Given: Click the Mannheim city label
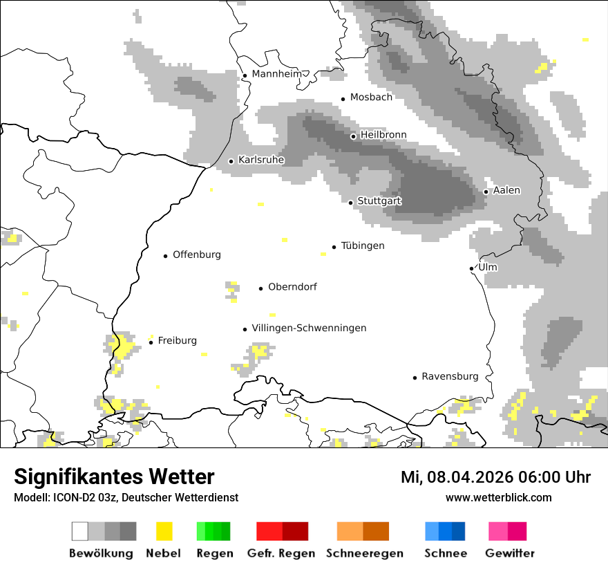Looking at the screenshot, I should click(x=277, y=74).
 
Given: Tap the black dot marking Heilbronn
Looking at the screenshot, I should click(x=353, y=136).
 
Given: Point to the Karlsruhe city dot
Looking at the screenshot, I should click(x=231, y=161).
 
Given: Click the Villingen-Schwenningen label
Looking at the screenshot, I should click(x=309, y=328).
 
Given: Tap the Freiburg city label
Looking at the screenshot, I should click(x=177, y=340).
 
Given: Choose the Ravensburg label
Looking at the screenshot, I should click(x=450, y=376).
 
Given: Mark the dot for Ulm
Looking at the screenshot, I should click(x=472, y=268).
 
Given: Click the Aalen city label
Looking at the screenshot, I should click(x=506, y=190).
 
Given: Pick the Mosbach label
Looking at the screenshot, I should click(x=371, y=98).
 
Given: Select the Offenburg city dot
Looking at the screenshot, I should click(x=166, y=256).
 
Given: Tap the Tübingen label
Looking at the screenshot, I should click(x=363, y=246).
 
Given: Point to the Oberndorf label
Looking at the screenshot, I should click(x=292, y=286).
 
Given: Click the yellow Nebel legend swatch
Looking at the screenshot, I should click(x=164, y=531).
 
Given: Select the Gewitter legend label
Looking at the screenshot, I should click(x=510, y=553).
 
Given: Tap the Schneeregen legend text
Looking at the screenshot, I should click(x=364, y=553).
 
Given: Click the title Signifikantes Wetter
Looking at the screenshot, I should click(x=114, y=476).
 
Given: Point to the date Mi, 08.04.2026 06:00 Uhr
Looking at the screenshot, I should click(x=495, y=477).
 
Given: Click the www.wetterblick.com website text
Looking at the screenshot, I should click(x=498, y=497).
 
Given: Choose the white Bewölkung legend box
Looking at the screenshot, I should click(x=79, y=531).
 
